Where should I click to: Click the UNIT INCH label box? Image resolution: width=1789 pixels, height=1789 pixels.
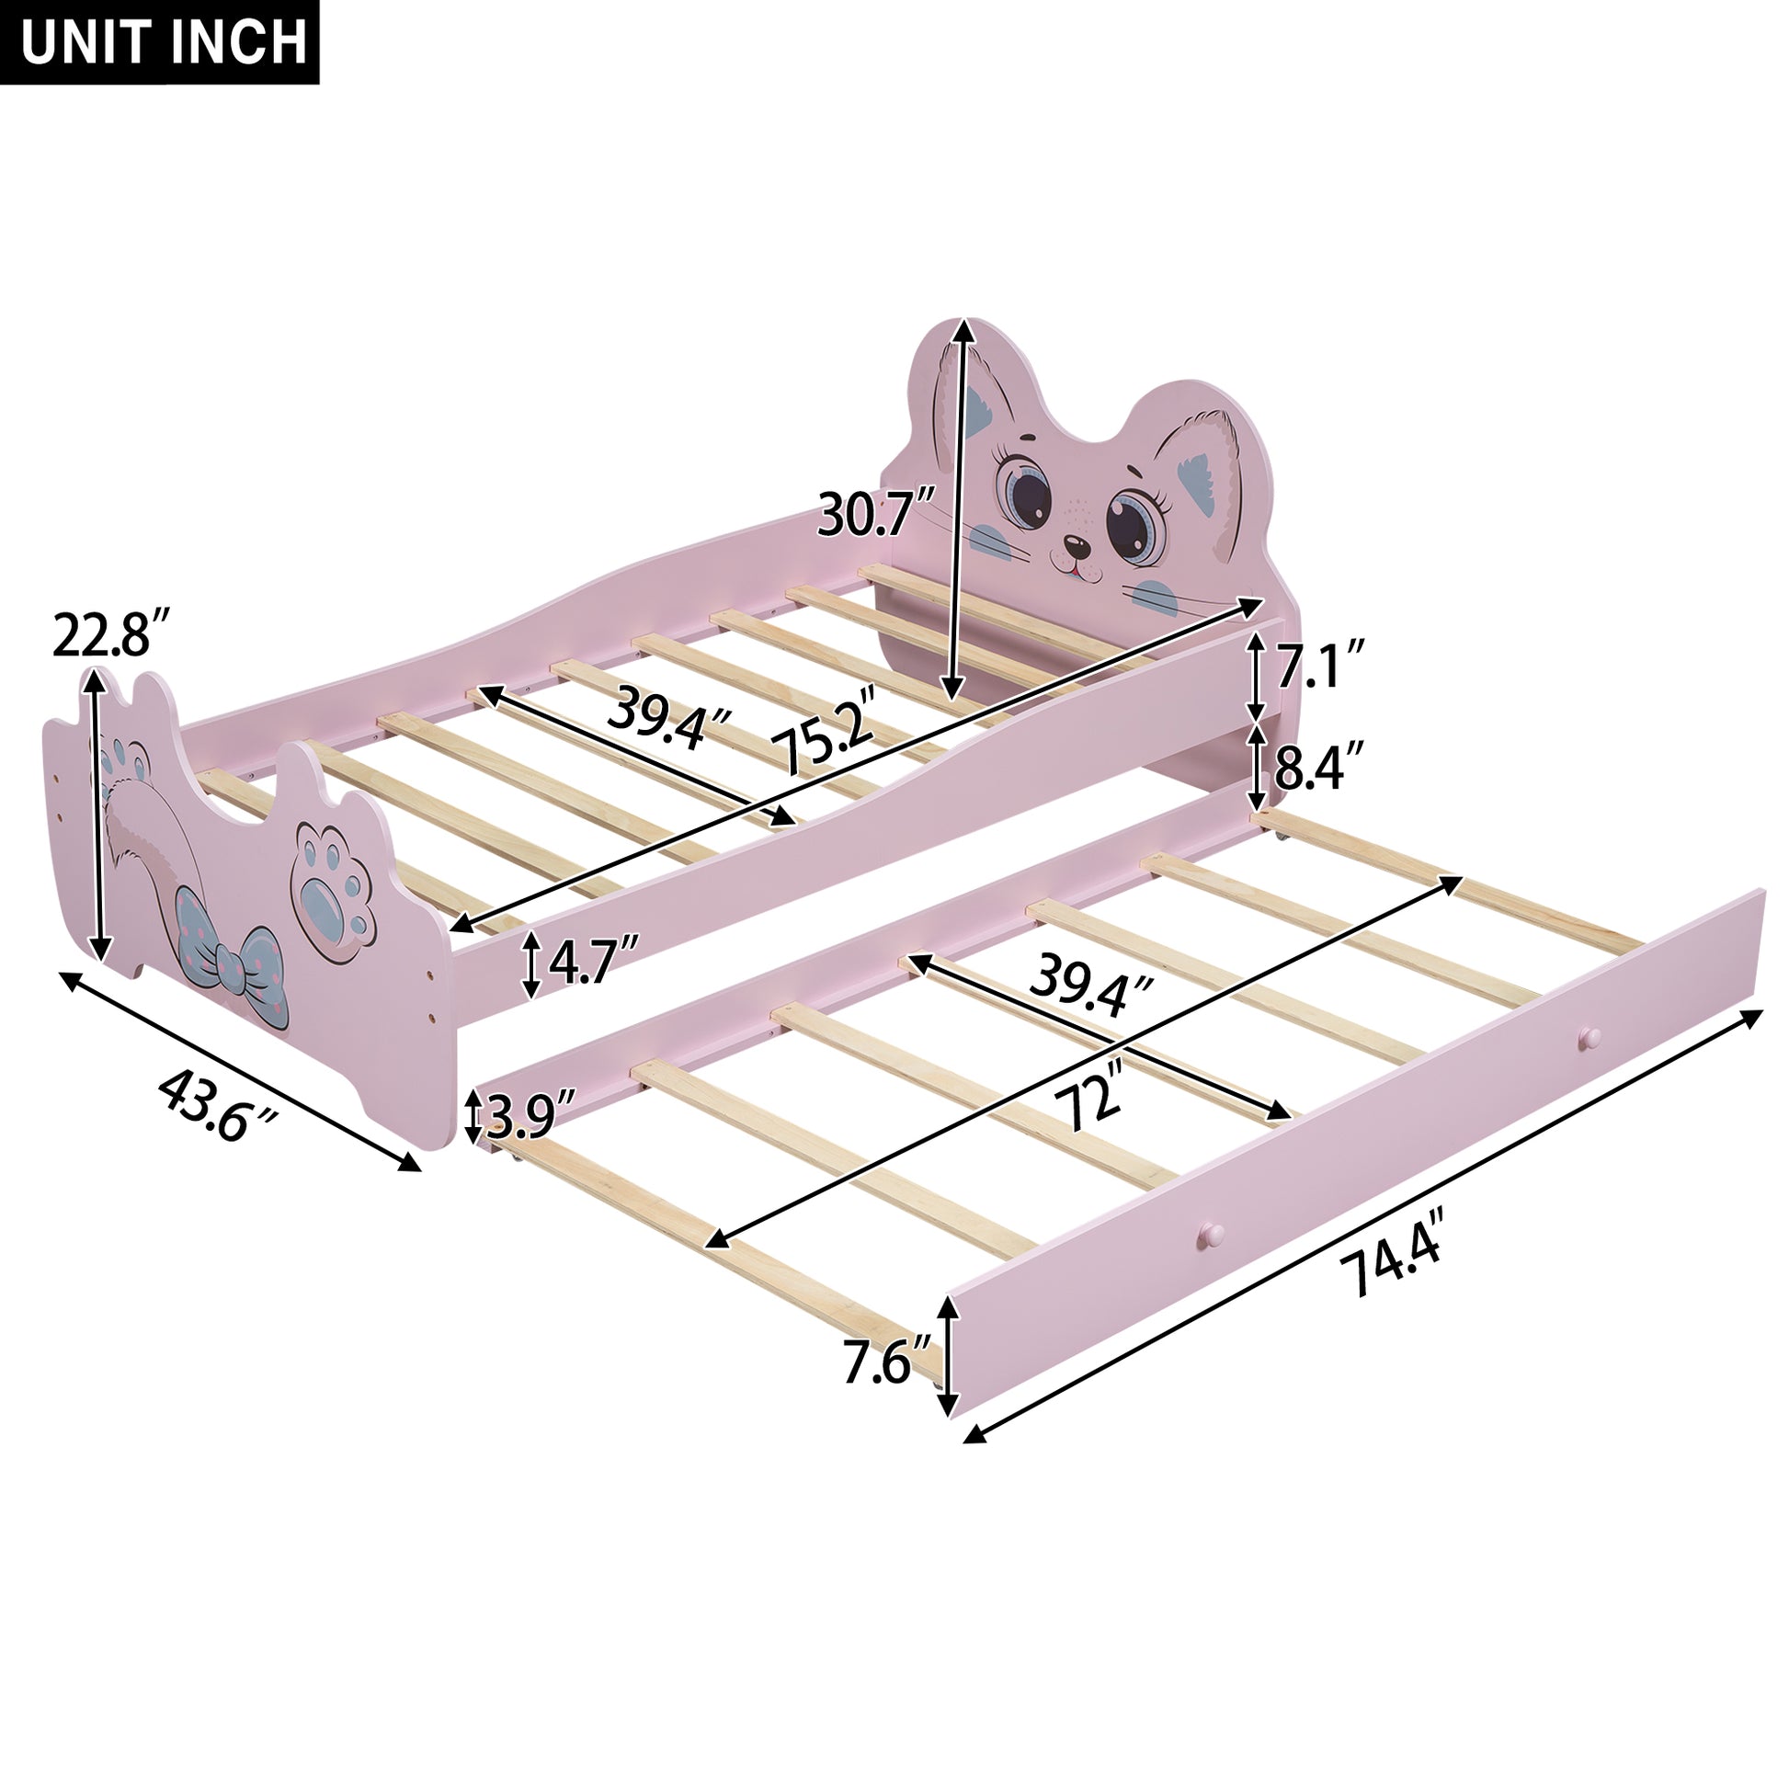coord(159,41)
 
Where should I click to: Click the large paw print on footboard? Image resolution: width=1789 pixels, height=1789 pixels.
coord(334,880)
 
